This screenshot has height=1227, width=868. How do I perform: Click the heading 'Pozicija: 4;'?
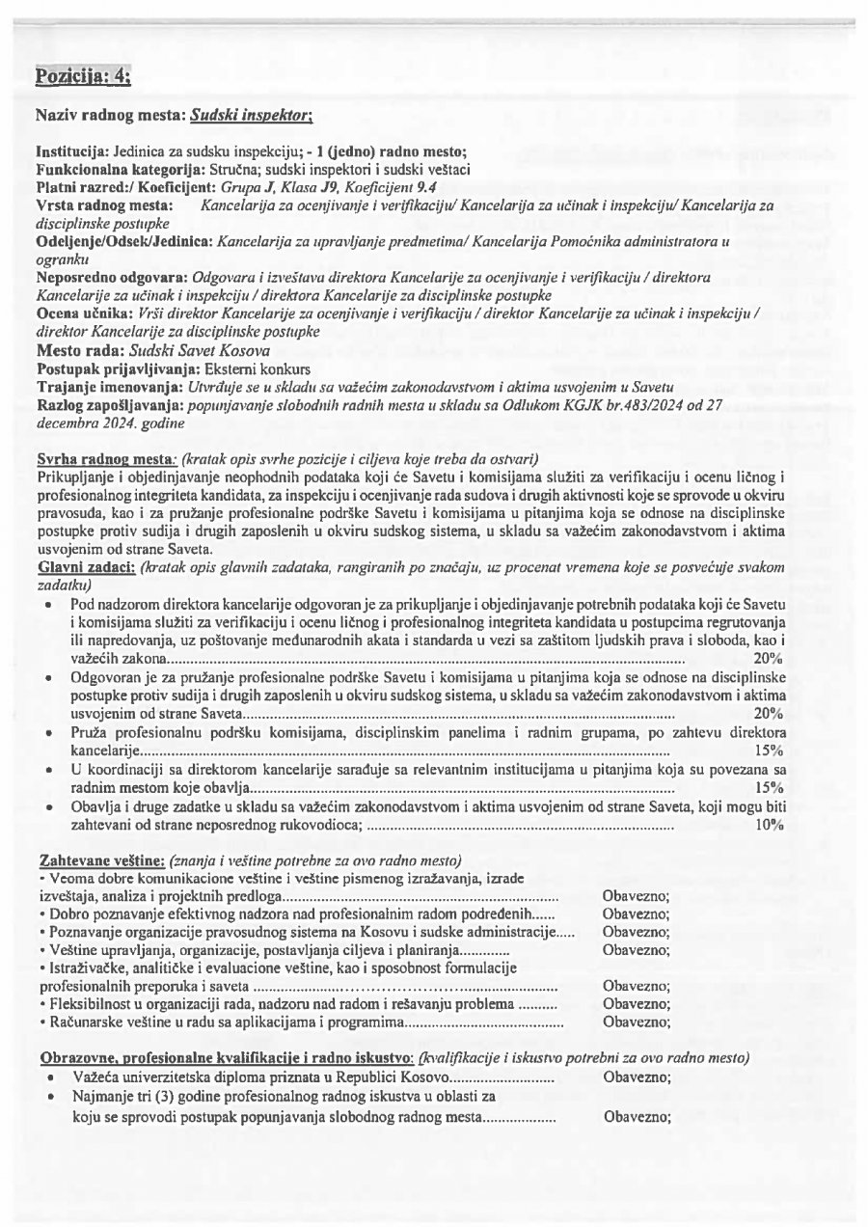(83, 76)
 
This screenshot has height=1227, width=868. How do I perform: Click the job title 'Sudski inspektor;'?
(251, 116)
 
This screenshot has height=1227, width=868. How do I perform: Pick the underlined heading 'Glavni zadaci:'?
(86, 567)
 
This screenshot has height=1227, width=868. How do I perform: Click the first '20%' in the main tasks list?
(768, 659)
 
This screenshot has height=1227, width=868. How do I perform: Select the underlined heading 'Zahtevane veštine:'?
(102, 859)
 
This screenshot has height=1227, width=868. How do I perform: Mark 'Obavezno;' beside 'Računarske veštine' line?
(636, 1022)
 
